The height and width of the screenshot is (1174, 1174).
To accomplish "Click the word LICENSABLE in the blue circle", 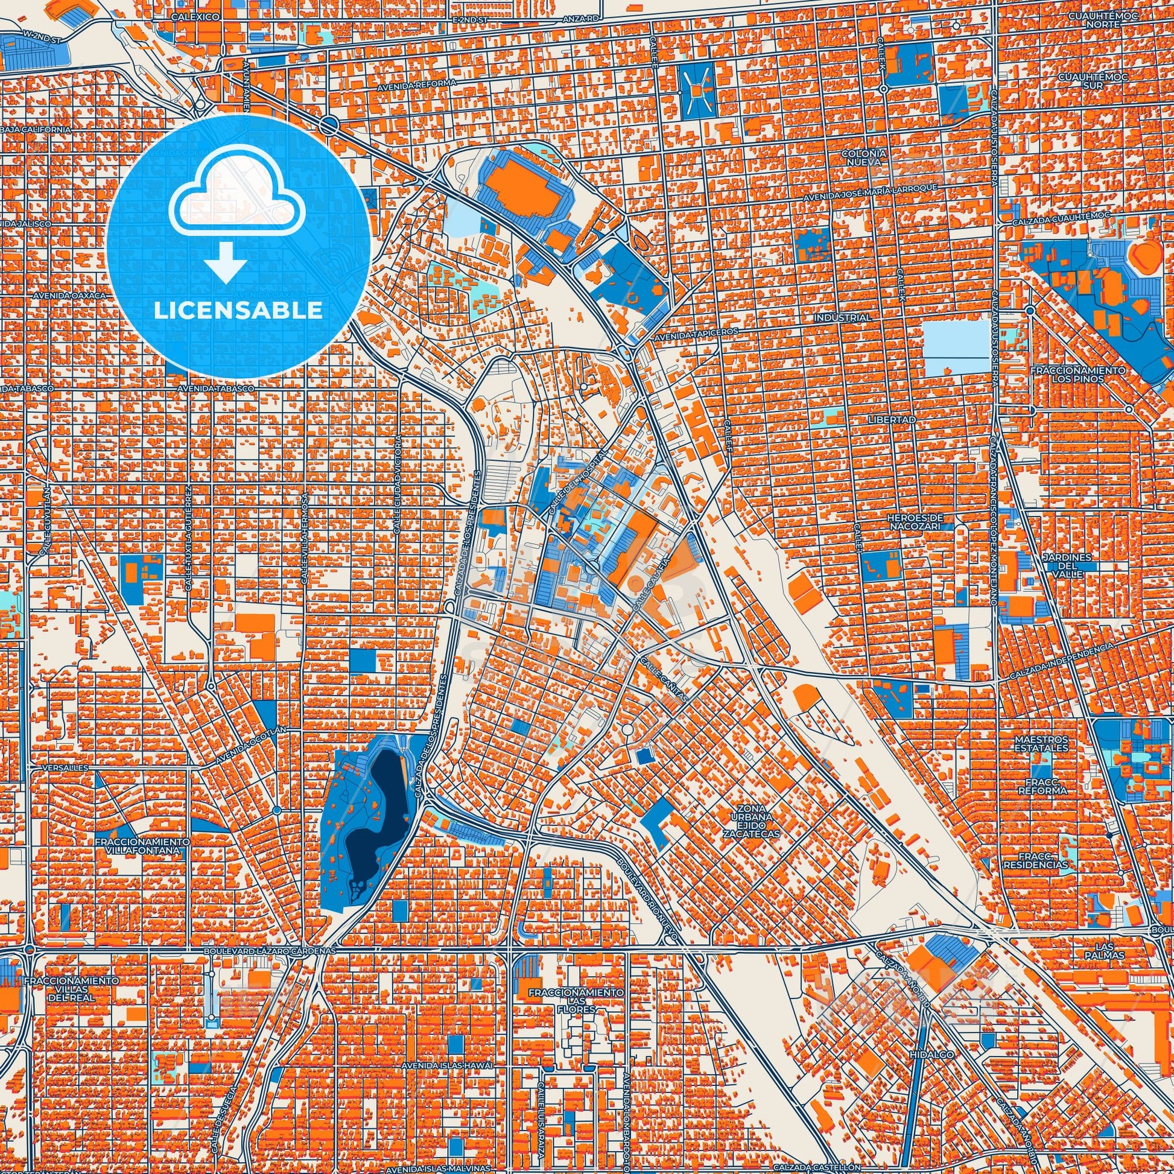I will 238,311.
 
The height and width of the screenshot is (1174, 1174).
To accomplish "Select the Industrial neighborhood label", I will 844,318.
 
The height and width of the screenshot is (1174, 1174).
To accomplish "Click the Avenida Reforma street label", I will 408,87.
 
